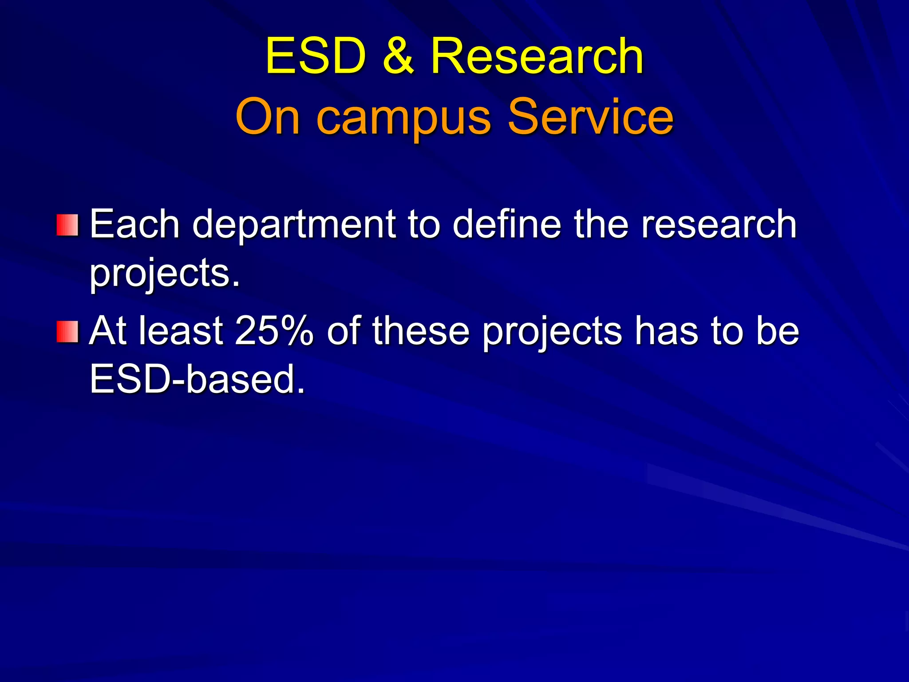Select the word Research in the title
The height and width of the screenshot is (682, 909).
537,56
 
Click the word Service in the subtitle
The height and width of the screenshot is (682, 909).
590,116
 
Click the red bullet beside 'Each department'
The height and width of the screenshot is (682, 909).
67,225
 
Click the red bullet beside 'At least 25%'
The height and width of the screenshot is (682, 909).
67,332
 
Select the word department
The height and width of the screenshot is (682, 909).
294,225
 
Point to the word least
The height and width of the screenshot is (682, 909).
181,331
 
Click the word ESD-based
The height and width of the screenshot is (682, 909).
198,380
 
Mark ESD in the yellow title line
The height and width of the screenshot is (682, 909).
316,56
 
